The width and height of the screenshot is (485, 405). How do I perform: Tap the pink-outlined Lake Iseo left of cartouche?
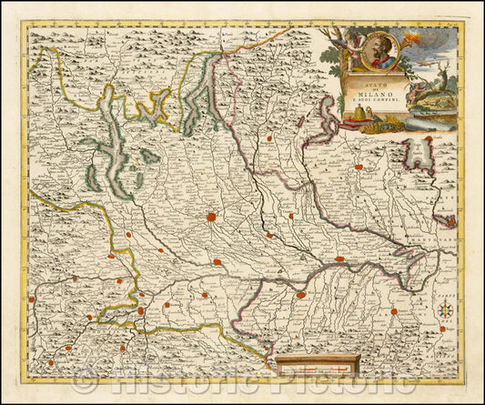click(x=328, y=119)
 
